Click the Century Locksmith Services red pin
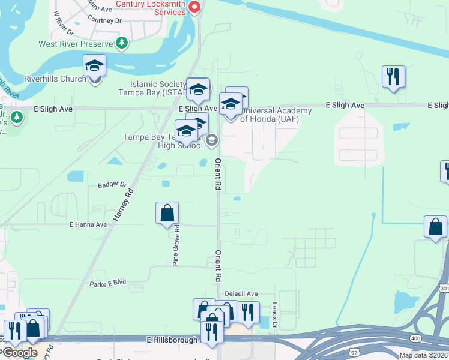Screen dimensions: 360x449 pos(194,7)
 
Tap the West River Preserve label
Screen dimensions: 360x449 pos(76,44)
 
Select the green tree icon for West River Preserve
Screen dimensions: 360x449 pos(122,43)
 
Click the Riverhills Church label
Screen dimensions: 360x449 pos(55,79)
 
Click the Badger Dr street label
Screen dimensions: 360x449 pos(112,185)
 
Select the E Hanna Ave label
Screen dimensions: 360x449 pos(88,224)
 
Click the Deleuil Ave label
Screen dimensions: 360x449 pos(241,293)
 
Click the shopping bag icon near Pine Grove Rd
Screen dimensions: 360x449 pos(167,213)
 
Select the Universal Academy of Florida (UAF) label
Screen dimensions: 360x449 pos(276,115)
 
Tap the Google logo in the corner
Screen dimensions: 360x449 pos(19,353)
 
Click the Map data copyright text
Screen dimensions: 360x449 pos(423,355)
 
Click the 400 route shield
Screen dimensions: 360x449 pos(415,339)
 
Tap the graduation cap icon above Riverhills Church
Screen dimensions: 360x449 pos(94,65)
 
